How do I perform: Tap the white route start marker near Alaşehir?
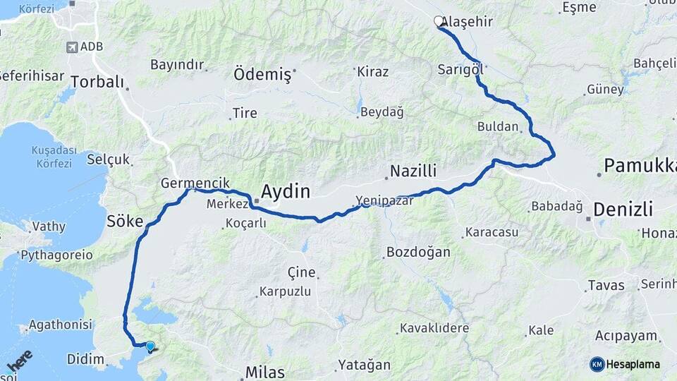439,21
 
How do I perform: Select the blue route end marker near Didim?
150,346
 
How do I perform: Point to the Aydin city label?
286,190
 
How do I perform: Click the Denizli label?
623,209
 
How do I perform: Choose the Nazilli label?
413,171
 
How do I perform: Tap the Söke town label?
124,222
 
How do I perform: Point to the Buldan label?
498,128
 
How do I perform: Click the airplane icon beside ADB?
71,47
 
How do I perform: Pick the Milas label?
264,372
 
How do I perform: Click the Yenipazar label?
384,200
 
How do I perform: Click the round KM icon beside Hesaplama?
597,364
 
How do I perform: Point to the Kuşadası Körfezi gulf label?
51,157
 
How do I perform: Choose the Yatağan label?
364,365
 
